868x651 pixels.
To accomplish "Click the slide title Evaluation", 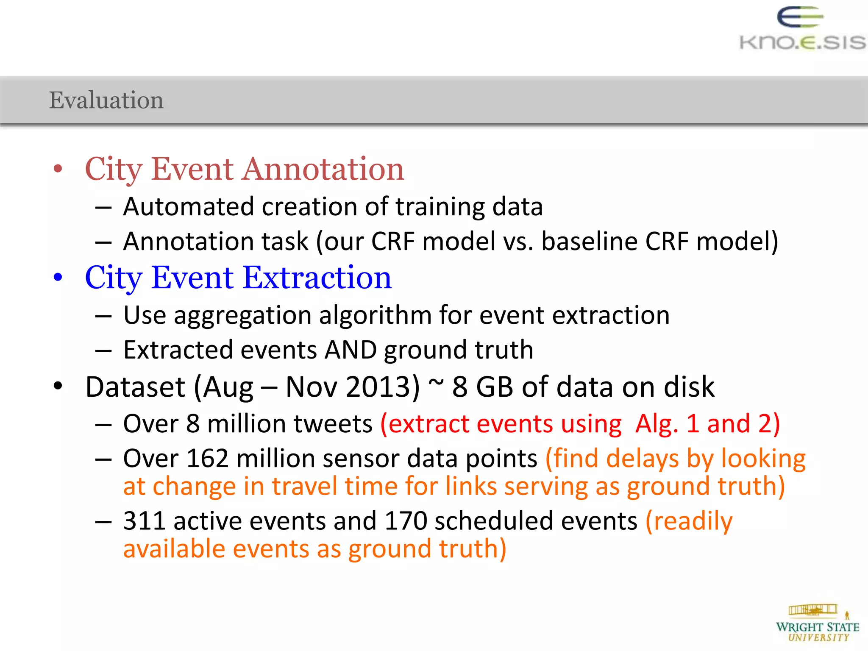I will pos(106,100).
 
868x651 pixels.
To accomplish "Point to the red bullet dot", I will pos(58,169).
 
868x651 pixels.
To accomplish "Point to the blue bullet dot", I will pos(58,278).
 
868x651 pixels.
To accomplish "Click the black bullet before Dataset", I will pos(58,387).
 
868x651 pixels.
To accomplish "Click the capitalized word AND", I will pos(351,350).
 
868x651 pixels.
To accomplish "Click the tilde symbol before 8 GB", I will pos(436,383).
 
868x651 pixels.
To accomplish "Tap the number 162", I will pos(208,459).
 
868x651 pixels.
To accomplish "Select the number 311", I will pos(144,521).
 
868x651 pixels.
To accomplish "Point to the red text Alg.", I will pos(656,424).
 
